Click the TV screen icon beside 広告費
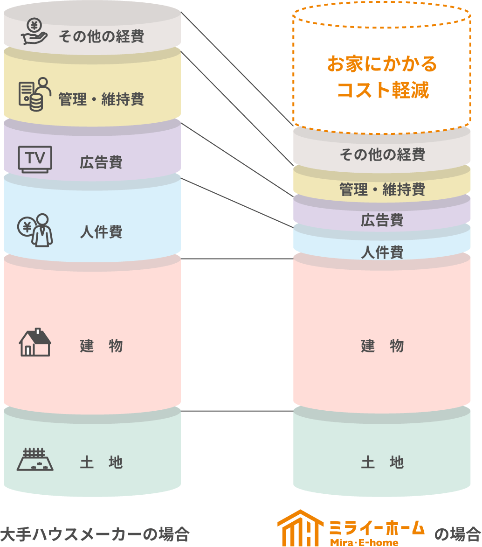point(34,159)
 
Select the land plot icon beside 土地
point(35,460)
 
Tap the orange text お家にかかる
point(382,64)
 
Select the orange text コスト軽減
point(382,90)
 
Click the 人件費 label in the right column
point(382,252)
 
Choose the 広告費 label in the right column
point(382,220)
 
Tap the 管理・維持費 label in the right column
point(382,189)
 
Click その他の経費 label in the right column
point(382,154)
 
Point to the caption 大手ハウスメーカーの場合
point(95,534)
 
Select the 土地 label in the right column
point(382,463)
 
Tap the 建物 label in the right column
point(382,346)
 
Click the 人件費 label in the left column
point(101,232)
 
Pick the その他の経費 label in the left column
point(101,36)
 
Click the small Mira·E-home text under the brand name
point(364,542)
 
